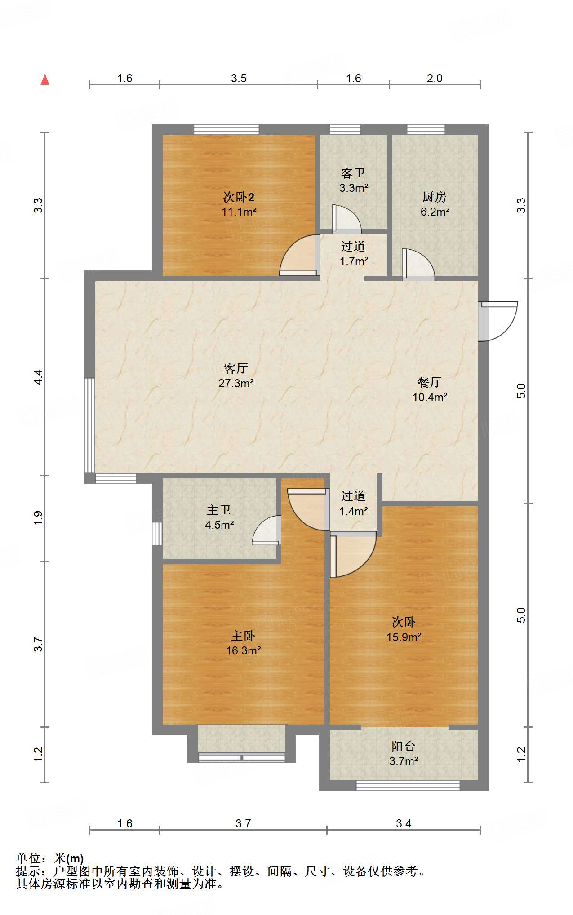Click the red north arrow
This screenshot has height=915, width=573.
point(45,80)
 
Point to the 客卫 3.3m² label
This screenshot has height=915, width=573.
point(353,180)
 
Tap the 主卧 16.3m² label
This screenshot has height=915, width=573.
point(243,643)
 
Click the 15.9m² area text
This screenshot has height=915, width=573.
point(404,637)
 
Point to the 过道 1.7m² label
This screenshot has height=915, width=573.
point(353,253)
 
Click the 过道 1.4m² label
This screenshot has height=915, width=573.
point(353,504)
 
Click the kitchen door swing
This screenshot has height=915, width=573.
point(418,265)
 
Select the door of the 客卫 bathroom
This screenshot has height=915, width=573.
point(346,220)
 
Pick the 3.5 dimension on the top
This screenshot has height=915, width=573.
point(239,78)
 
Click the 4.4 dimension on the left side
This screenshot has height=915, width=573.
point(39,377)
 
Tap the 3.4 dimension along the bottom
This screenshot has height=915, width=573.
point(403,823)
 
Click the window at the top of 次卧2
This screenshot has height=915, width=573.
point(226,130)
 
